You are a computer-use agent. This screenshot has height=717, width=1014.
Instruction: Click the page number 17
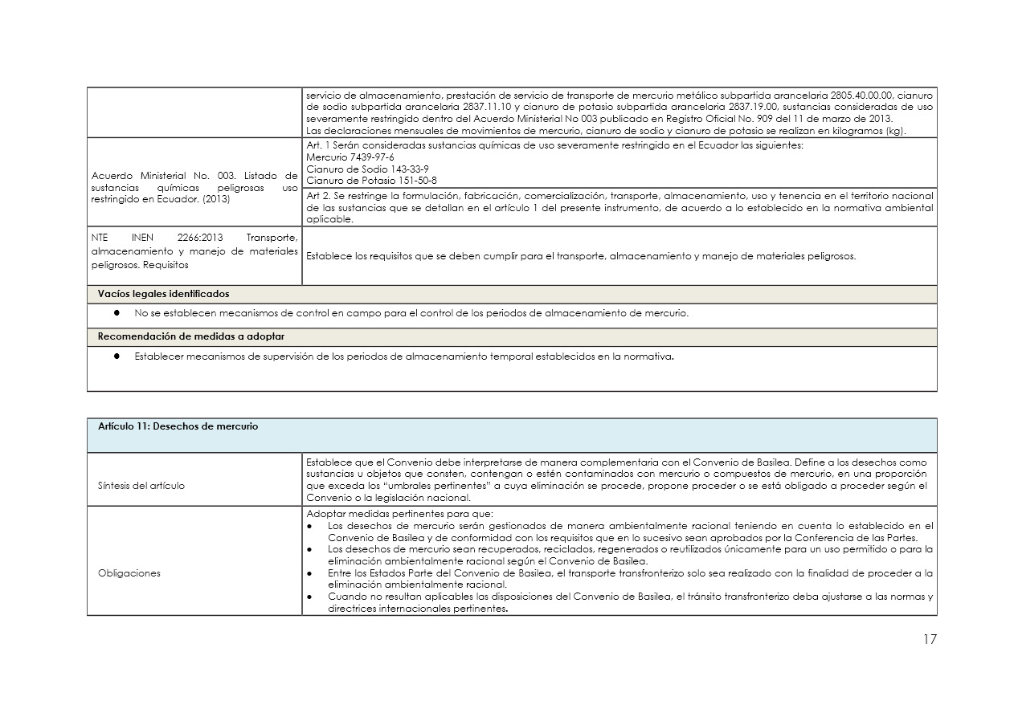[929, 640]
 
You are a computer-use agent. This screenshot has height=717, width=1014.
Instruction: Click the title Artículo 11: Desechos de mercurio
[178, 426]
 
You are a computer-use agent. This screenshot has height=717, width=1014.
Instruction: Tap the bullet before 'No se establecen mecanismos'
[117, 314]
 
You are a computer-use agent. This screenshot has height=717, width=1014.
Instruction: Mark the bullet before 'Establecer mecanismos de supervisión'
[117, 356]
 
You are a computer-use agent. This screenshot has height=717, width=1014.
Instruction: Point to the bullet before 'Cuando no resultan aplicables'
[311, 596]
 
